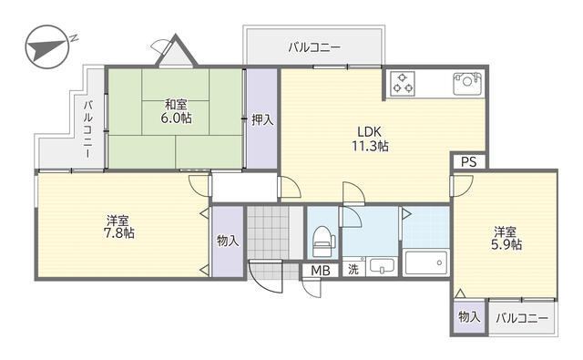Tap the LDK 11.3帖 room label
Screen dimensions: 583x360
tap(371, 139)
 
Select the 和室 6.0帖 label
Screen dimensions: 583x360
tap(176, 111)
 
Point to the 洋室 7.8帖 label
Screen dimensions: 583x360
tap(118, 227)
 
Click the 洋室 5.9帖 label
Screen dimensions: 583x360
tap(506, 239)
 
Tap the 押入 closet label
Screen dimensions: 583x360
tap(262, 119)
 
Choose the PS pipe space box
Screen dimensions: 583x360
tap(468, 162)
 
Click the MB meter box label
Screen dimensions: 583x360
tap(321, 271)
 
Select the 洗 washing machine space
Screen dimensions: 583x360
tap(353, 269)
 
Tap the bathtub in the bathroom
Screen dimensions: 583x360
tap(426, 262)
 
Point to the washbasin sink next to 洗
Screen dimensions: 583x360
tap(382, 266)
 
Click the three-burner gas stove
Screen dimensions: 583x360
tap(403, 84)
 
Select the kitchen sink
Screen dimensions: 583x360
tap(467, 83)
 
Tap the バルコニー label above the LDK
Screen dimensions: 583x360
tap(314, 47)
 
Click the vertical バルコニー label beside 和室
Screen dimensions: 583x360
tap(88, 129)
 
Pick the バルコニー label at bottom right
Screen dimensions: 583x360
tap(522, 318)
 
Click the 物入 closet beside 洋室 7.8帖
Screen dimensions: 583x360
tap(228, 241)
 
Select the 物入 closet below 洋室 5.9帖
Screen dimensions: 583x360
tap(469, 317)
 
